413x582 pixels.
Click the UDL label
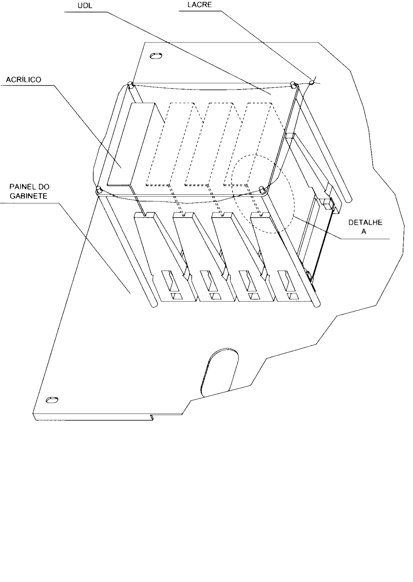pyautogui.click(x=85, y=5)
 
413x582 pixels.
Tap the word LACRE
pyautogui.click(x=199, y=5)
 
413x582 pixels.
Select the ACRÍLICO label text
pyautogui.click(x=24, y=79)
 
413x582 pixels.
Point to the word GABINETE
pyautogui.click(x=28, y=196)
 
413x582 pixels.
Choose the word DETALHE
pyautogui.click(x=365, y=222)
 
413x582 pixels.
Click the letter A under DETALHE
pyautogui.click(x=364, y=231)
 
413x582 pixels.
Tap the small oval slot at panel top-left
pyautogui.click(x=156, y=56)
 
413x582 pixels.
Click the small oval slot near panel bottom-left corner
pyautogui.click(x=52, y=400)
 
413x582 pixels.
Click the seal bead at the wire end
pyautogui.click(x=311, y=82)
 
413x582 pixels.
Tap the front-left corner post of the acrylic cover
pyautogui.click(x=99, y=189)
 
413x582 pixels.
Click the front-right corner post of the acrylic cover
pyautogui.click(x=262, y=189)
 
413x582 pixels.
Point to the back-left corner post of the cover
pyautogui.click(x=130, y=84)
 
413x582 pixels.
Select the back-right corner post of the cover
pyautogui.click(x=293, y=84)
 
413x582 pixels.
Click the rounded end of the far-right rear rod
pyautogui.click(x=348, y=199)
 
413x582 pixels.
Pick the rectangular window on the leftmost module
pyautogui.click(x=170, y=281)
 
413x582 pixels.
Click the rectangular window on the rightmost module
pyautogui.click(x=287, y=281)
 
